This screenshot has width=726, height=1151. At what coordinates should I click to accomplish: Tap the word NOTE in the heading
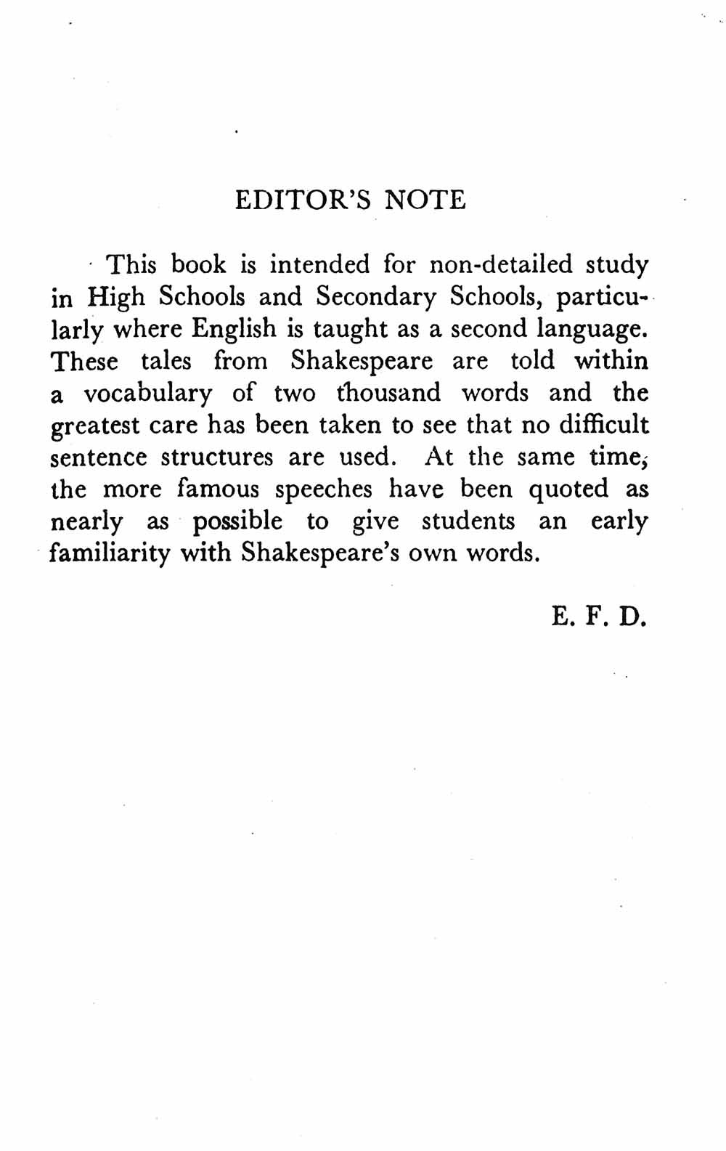(x=425, y=200)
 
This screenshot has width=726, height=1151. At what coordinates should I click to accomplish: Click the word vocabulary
(x=148, y=394)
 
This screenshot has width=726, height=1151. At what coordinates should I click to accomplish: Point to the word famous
(x=218, y=489)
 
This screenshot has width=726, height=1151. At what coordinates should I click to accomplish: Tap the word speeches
(x=324, y=490)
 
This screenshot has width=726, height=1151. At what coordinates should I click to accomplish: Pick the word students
(x=468, y=521)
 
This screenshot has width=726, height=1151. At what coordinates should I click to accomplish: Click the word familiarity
(x=110, y=554)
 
